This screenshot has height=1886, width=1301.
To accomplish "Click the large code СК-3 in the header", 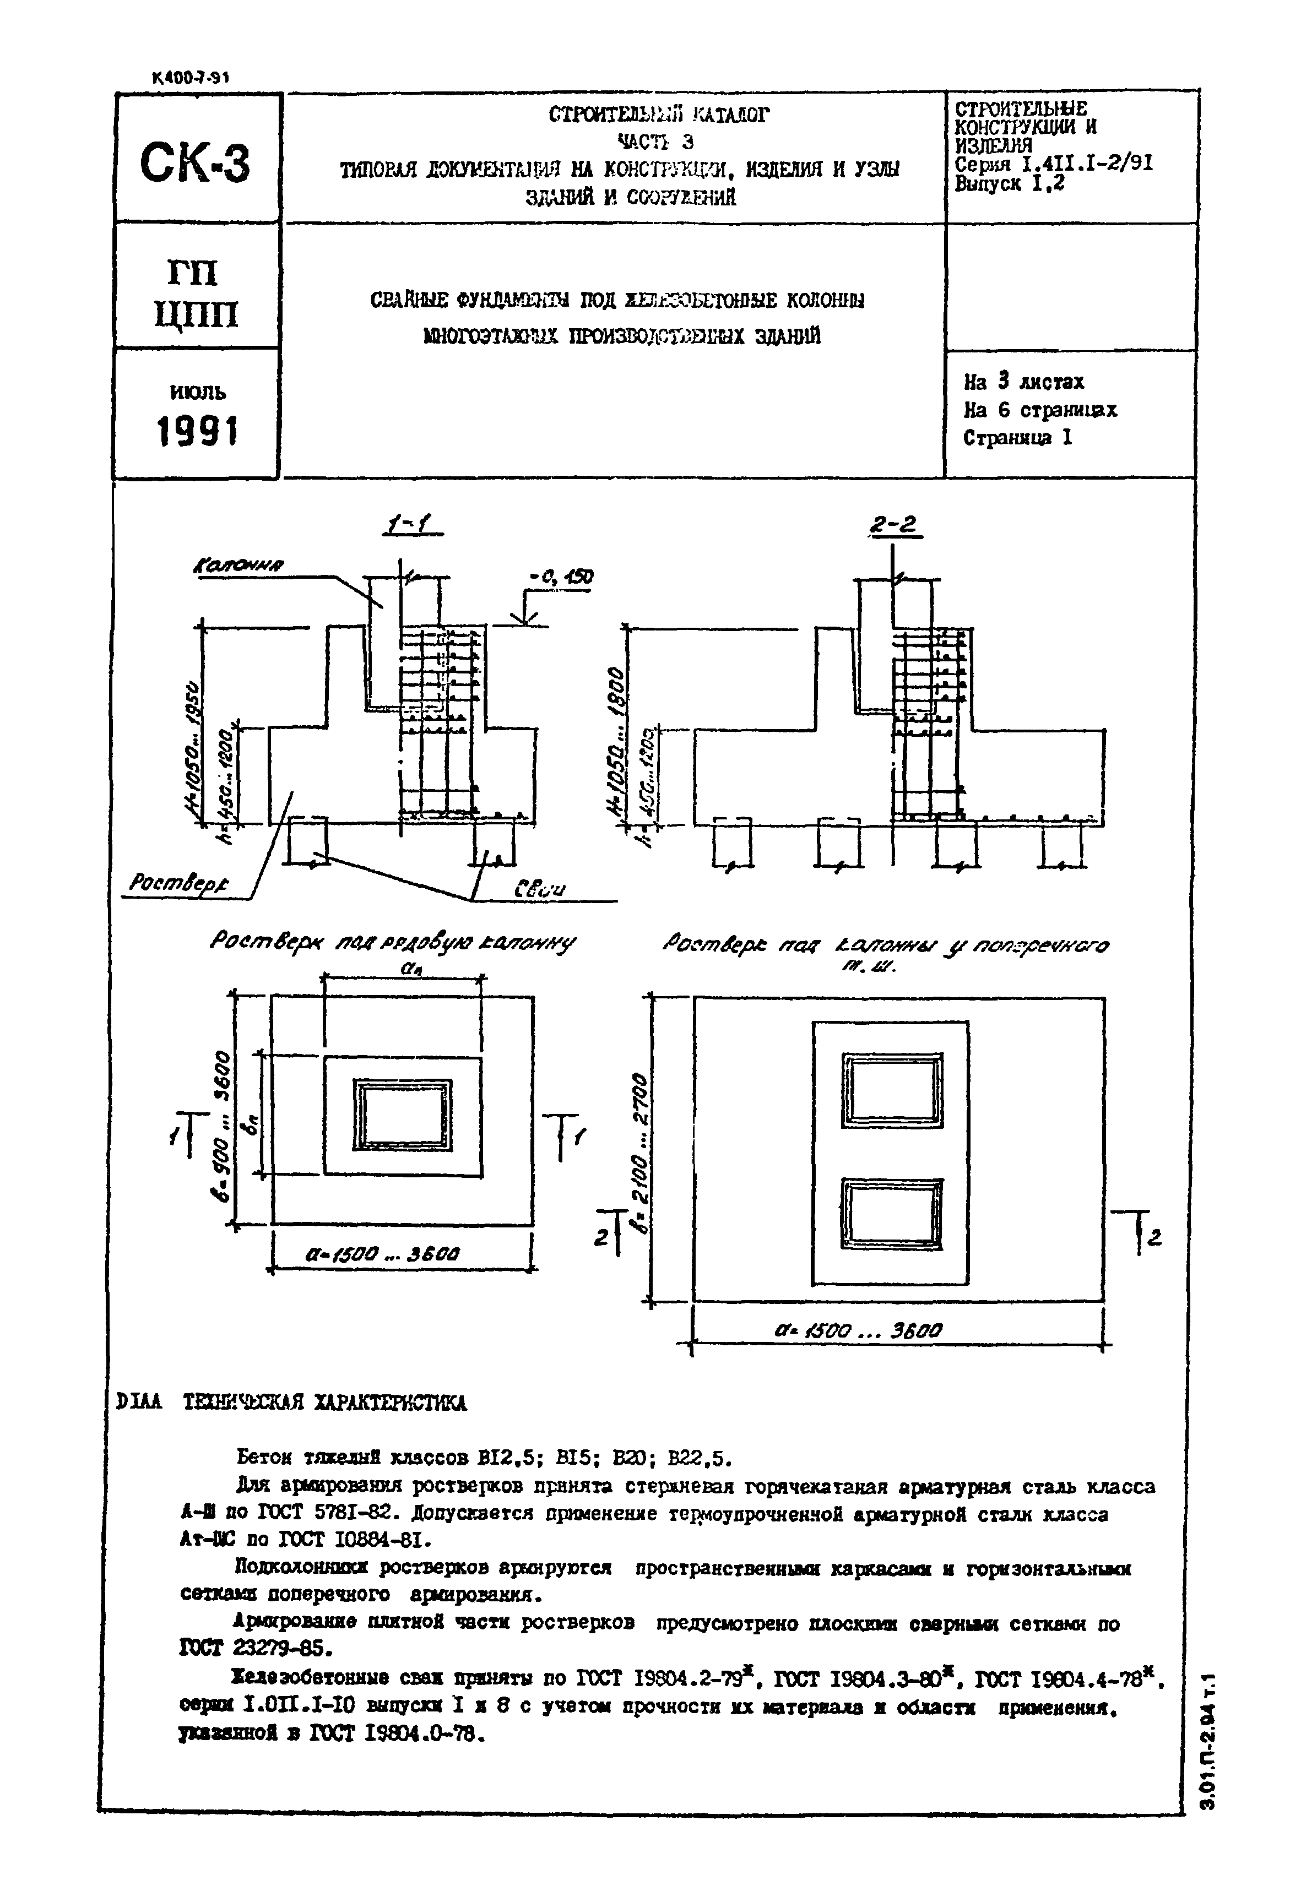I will pos(195,162).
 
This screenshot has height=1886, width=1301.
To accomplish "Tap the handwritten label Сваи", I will pos(538,888).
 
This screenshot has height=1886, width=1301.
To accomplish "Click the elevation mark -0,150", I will pos(561,578).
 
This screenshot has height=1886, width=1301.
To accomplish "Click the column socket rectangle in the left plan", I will pos(403,1115).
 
